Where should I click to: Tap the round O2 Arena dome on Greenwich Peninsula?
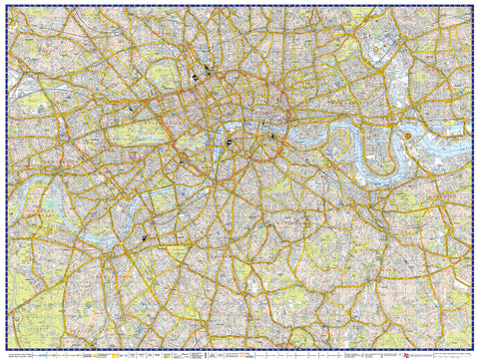tap(408, 133)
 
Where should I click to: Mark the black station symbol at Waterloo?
tap(229, 143)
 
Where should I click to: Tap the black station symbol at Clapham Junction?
tap(145, 237)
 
